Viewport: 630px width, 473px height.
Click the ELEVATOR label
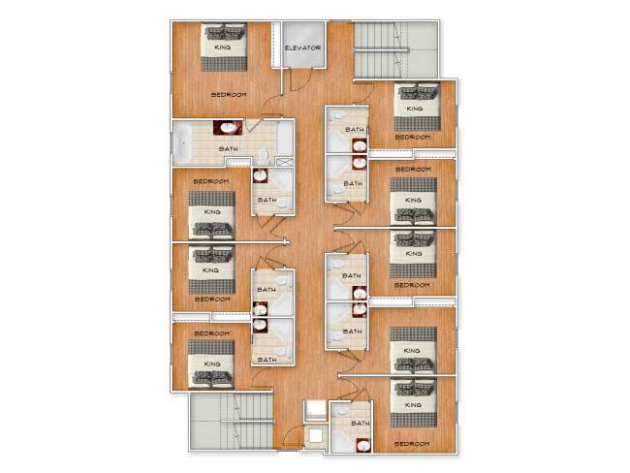click(x=303, y=47)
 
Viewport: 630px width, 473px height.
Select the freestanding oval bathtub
click(x=183, y=143)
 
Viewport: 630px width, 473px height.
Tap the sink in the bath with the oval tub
click(x=228, y=128)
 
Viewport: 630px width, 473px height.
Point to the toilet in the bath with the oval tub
click(x=264, y=156)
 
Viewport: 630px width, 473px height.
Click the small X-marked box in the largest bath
click(x=285, y=163)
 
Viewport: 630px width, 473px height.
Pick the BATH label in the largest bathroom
click(x=228, y=149)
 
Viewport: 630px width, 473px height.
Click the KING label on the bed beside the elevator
click(x=223, y=47)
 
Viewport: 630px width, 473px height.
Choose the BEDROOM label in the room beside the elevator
click(x=229, y=95)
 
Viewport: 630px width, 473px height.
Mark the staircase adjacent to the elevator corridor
click(x=395, y=49)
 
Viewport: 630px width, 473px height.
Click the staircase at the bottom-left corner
click(x=232, y=421)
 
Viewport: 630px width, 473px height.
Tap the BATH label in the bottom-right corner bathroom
click(x=361, y=424)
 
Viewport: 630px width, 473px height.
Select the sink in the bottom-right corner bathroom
click(x=363, y=445)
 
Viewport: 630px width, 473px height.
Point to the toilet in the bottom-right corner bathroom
click(x=341, y=410)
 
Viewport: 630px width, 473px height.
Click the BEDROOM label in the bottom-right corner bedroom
click(x=412, y=444)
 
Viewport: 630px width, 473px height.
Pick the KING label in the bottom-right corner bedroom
click(x=413, y=405)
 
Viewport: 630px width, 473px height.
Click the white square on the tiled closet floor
click(x=316, y=435)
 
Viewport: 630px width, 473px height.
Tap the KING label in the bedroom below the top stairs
click(x=415, y=109)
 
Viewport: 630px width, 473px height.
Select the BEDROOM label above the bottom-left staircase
click(x=212, y=333)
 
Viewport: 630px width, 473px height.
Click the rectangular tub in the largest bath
click(x=284, y=139)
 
